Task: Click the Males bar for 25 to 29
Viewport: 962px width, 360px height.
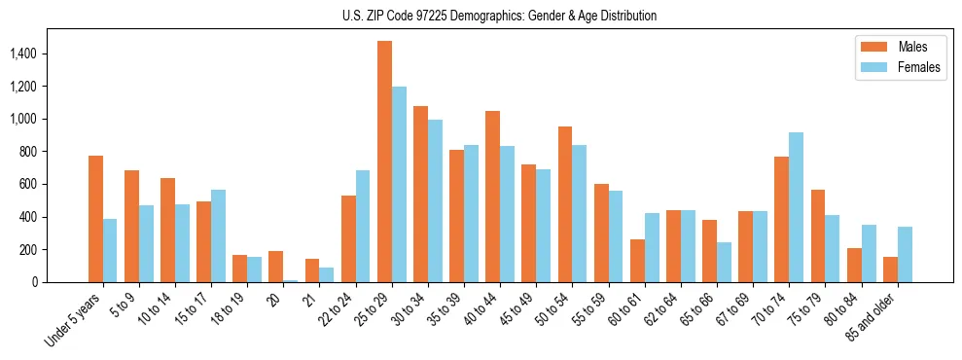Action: click(x=384, y=162)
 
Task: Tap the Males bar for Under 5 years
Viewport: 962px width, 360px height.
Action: click(x=95, y=219)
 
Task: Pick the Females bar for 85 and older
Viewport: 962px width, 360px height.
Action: click(x=904, y=255)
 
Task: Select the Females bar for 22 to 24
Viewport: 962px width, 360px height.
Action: click(x=363, y=227)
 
